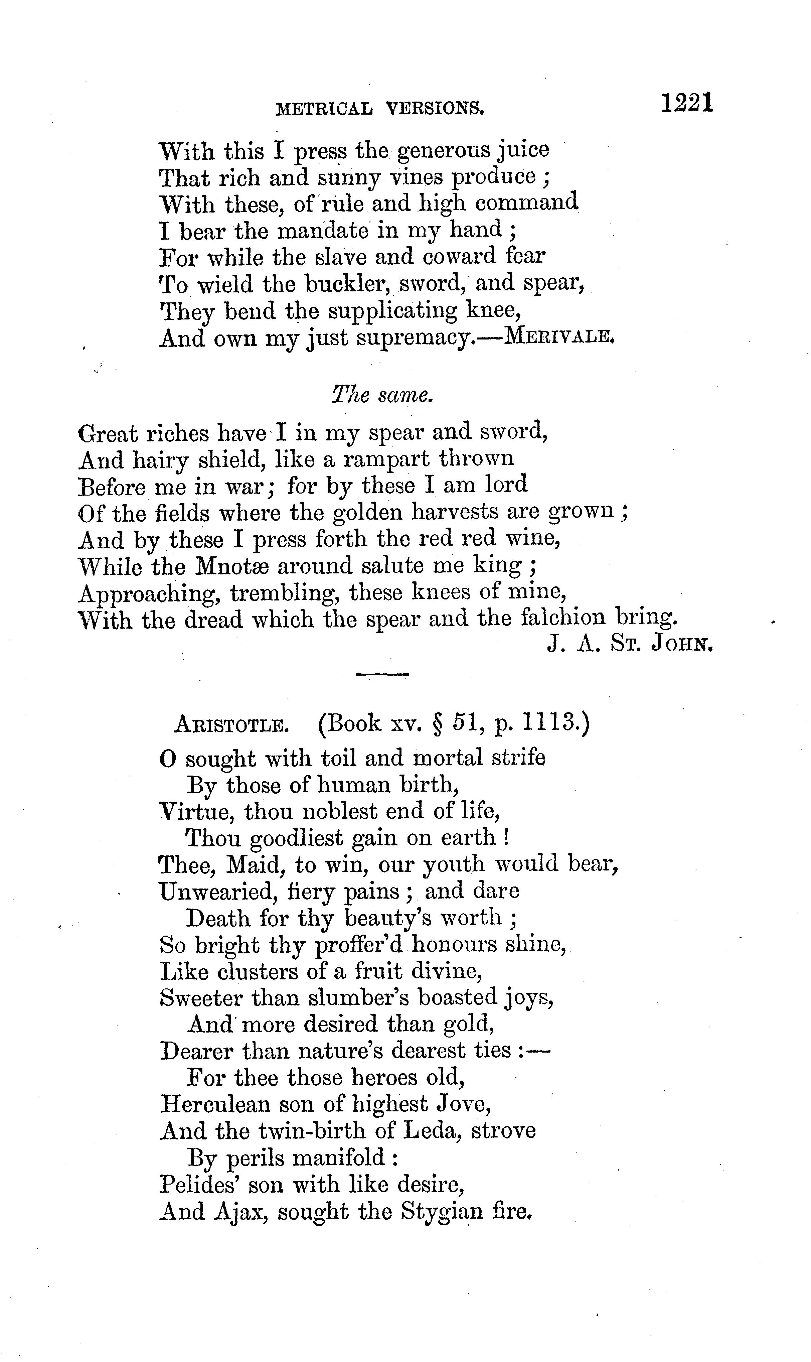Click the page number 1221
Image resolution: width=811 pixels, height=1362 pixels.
[x=687, y=103]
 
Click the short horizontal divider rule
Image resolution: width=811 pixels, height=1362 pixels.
[x=382, y=674]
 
